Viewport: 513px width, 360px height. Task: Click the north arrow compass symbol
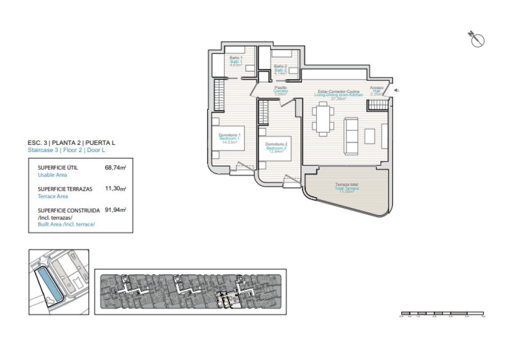point(477,39)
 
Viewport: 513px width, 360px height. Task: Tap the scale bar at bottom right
point(442,313)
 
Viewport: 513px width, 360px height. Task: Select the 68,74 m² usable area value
point(115,167)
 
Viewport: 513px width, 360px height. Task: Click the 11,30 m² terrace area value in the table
point(115,189)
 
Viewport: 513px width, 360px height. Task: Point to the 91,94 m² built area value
point(115,210)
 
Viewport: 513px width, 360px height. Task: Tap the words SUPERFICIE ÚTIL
point(58,167)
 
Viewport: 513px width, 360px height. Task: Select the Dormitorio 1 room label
point(229,135)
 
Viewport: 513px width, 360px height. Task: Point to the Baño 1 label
point(236,58)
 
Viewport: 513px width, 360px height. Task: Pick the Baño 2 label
point(280,67)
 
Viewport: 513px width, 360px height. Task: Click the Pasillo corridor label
point(280,88)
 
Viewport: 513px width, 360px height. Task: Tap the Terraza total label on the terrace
point(346,184)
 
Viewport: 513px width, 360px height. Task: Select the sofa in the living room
point(351,135)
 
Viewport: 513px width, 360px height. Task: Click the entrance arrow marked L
point(396,90)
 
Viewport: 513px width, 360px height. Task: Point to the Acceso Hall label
point(376,88)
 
